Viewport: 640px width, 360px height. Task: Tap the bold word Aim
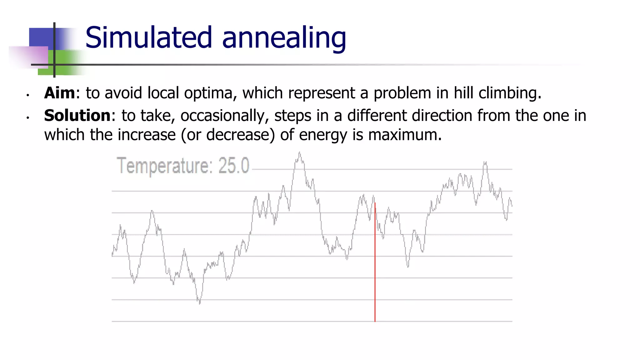coord(59,93)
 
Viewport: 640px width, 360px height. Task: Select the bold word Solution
coord(77,115)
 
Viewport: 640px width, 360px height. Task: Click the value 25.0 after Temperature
coord(233,165)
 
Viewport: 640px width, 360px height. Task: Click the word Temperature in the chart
coord(164,166)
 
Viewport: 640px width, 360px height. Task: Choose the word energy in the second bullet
coord(323,135)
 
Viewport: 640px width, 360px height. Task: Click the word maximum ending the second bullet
coord(405,135)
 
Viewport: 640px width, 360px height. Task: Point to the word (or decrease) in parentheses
coord(228,135)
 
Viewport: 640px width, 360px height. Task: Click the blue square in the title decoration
coord(41,37)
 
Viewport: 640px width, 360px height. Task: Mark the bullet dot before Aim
coord(28,95)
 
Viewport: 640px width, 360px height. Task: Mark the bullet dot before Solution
coord(28,117)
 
